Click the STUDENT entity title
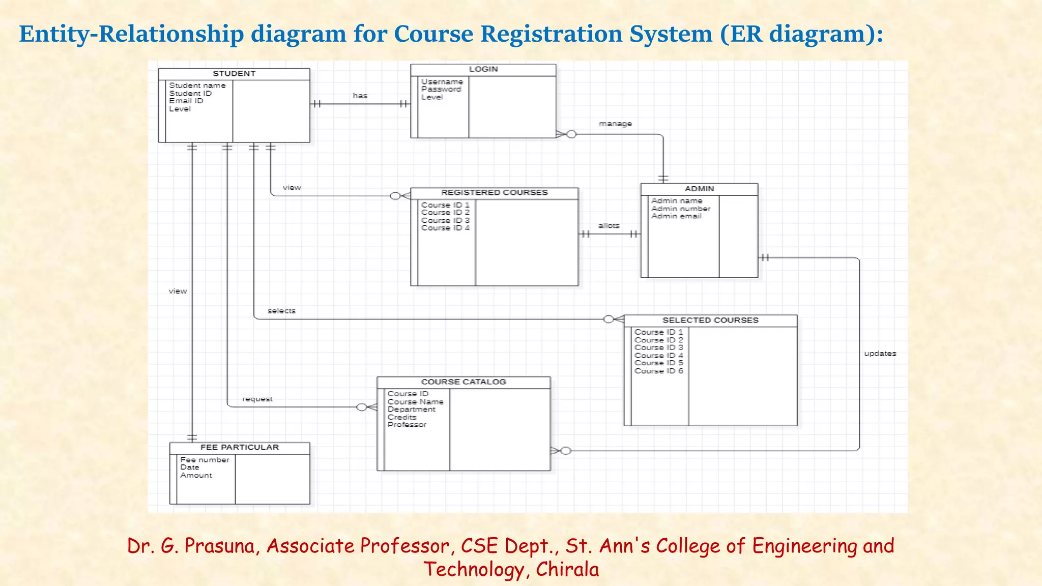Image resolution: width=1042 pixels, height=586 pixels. (x=234, y=74)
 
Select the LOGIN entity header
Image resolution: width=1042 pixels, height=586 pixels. (x=483, y=69)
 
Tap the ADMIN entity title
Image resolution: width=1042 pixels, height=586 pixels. (x=699, y=189)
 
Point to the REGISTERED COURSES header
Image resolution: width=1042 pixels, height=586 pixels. (x=494, y=193)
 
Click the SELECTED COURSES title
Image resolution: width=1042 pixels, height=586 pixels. (x=710, y=320)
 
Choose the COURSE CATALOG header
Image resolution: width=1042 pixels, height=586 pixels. (x=464, y=382)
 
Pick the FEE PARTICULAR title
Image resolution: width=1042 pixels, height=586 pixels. (x=240, y=448)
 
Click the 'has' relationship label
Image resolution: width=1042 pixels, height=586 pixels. (x=360, y=96)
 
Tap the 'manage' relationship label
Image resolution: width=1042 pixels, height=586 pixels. (x=615, y=124)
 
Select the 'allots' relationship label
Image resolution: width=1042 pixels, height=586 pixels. (x=609, y=226)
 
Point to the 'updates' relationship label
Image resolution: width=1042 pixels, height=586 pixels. (x=880, y=354)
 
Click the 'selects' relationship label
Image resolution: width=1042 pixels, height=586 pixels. (x=281, y=311)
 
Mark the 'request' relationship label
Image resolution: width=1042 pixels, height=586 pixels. (x=257, y=399)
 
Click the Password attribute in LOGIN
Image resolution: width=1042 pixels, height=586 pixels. (x=441, y=90)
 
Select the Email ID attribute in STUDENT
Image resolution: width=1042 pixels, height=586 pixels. (x=186, y=101)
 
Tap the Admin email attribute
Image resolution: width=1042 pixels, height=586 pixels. (x=676, y=216)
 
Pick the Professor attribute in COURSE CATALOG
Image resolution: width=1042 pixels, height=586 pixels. (x=407, y=425)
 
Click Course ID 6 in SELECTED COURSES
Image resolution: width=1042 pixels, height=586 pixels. (x=658, y=371)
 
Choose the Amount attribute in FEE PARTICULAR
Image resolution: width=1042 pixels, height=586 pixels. (x=196, y=475)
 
